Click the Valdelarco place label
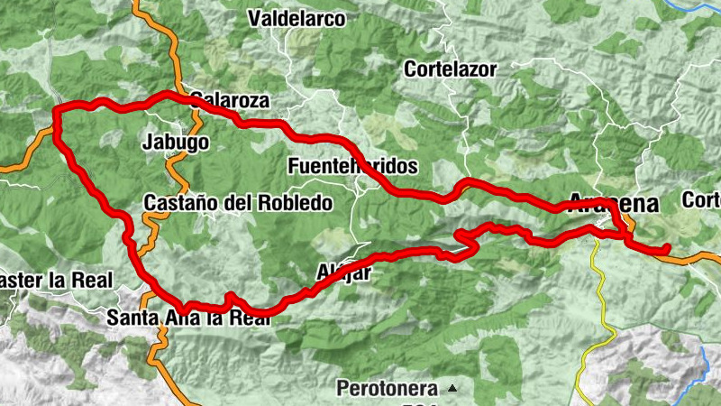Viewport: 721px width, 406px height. [297, 18]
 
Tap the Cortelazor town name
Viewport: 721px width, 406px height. [451, 69]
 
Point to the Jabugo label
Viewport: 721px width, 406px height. [177, 143]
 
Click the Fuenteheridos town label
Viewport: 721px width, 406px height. [352, 167]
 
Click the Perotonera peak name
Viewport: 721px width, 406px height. [388, 390]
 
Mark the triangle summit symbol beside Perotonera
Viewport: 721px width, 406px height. [452, 389]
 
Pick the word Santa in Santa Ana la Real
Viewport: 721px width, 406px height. [131, 318]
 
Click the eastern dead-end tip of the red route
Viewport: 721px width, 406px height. [668, 247]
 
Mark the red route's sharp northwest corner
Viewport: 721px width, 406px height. [57, 111]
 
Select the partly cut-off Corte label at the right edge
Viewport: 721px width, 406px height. [703, 200]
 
